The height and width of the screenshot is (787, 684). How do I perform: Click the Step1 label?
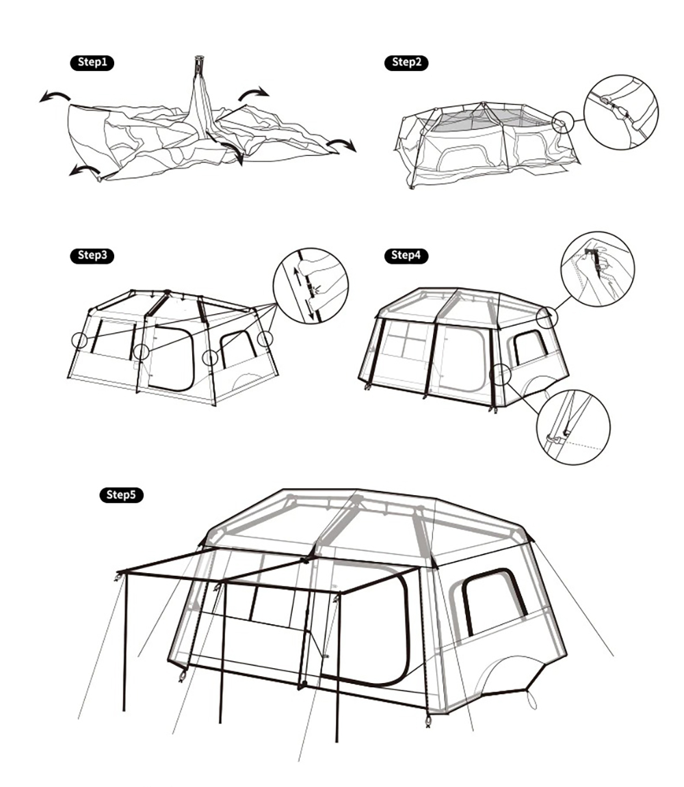[x=92, y=62]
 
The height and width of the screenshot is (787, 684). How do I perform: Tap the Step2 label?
[x=406, y=62]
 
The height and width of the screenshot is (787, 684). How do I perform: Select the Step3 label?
[x=92, y=255]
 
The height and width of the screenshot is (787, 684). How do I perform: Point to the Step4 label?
[x=406, y=255]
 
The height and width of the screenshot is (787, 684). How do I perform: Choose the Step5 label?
[x=121, y=494]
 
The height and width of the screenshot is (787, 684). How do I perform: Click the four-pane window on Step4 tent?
[x=407, y=341]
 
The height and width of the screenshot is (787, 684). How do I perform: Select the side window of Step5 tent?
[x=494, y=601]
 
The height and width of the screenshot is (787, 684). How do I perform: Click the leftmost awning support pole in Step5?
[x=124, y=643]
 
